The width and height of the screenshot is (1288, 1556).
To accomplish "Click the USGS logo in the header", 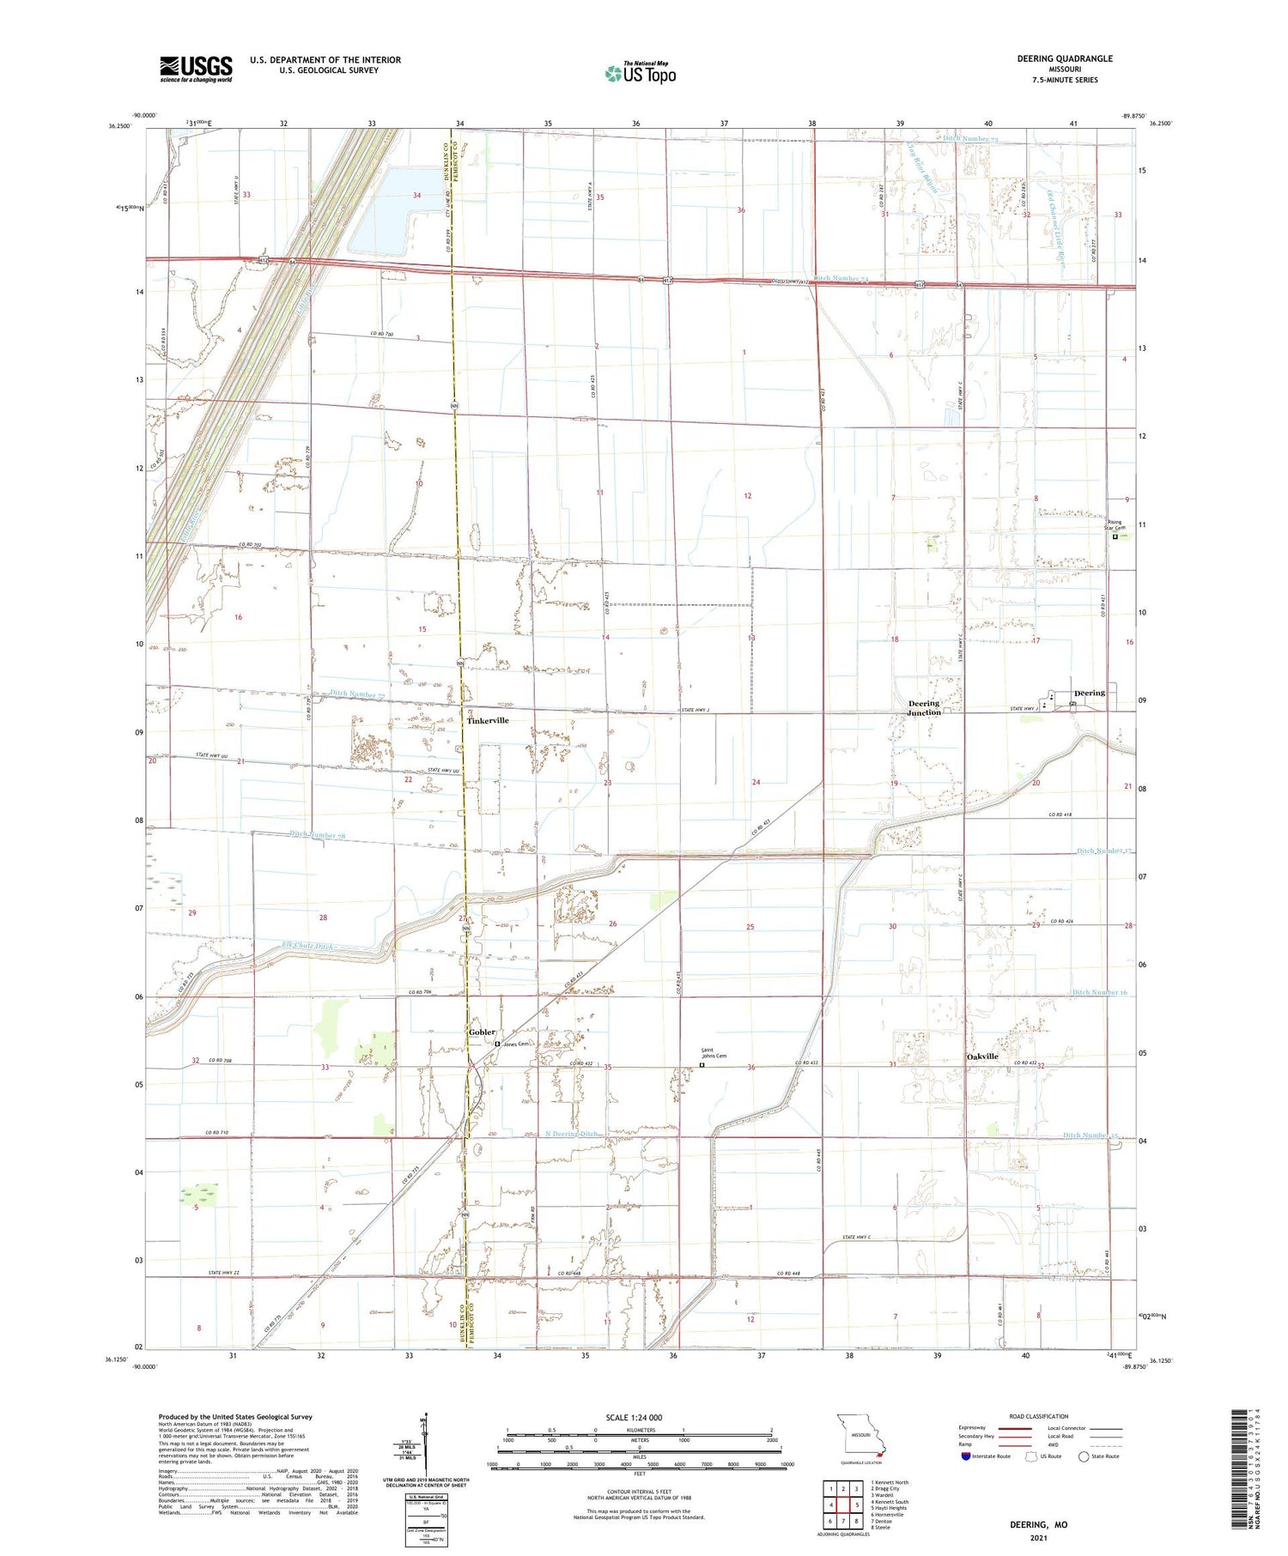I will (x=196, y=69).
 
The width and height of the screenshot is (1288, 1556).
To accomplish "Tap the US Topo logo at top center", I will (x=640, y=74).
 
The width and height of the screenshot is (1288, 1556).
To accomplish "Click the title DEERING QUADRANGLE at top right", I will (x=1064, y=58).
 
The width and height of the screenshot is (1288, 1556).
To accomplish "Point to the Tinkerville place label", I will (x=488, y=721).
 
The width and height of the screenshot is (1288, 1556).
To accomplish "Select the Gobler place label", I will (x=482, y=1032).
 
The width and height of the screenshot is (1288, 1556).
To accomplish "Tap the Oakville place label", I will (x=982, y=1056).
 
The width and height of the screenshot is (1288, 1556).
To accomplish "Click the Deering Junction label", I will (x=924, y=708).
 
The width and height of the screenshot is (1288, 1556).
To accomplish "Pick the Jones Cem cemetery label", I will (x=516, y=1044).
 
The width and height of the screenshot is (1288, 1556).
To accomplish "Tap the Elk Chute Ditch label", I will (x=307, y=947).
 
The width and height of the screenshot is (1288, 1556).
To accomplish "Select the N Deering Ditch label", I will (x=571, y=1134).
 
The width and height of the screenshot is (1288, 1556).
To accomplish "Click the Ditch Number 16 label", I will (x=1099, y=992).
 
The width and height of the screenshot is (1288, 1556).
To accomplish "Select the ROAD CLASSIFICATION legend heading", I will (x=1039, y=1416).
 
